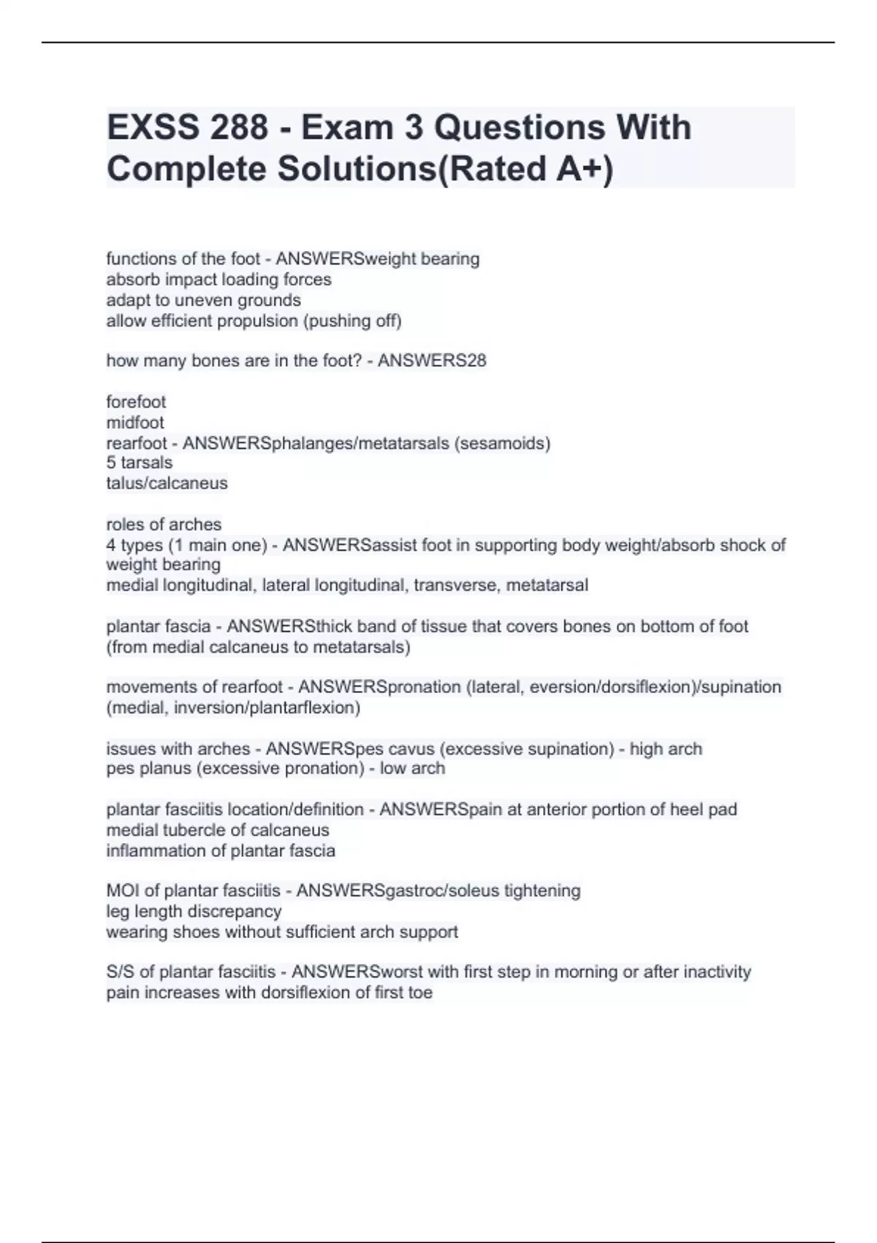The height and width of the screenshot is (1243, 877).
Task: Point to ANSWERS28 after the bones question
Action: pos(431,360)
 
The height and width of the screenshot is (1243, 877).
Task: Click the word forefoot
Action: pos(136,401)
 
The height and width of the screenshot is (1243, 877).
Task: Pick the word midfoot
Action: pos(135,422)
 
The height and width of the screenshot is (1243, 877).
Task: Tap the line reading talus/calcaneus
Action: pos(167,483)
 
